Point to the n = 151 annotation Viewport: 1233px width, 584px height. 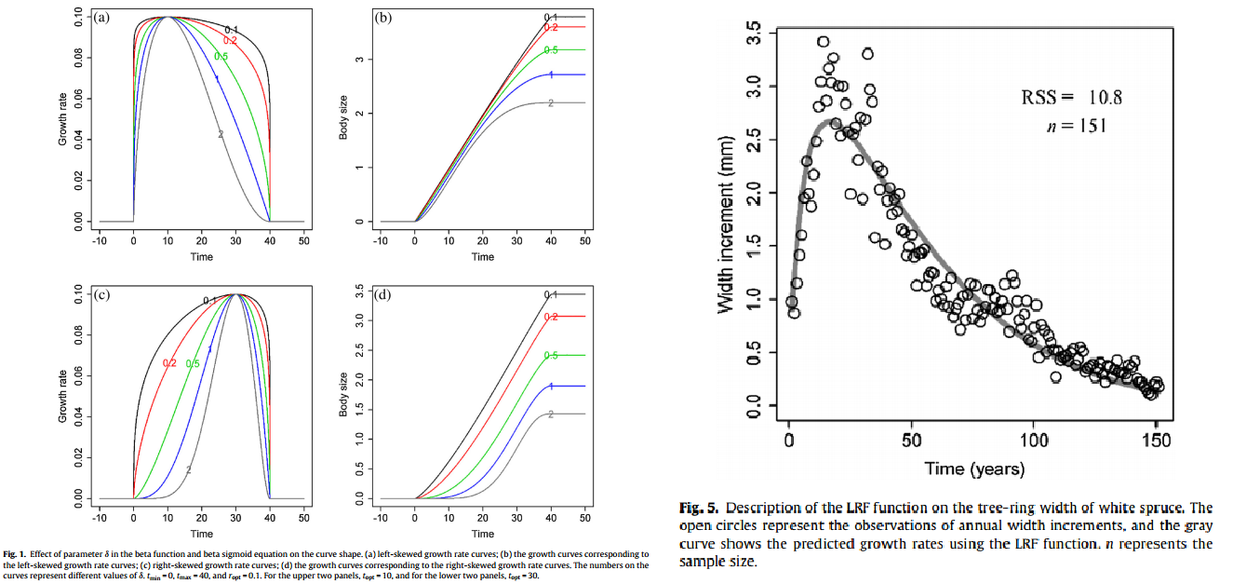tap(1076, 126)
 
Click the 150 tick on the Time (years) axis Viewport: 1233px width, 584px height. tap(1159, 440)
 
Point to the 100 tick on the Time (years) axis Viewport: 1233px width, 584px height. tap(1035, 440)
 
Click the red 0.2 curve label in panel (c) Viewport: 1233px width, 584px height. tap(169, 362)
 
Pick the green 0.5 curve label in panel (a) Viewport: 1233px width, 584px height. tap(221, 57)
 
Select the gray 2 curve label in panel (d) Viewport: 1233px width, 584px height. tap(551, 414)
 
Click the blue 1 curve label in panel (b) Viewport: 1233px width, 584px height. tap(551, 75)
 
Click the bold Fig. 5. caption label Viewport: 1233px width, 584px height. tap(699, 509)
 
